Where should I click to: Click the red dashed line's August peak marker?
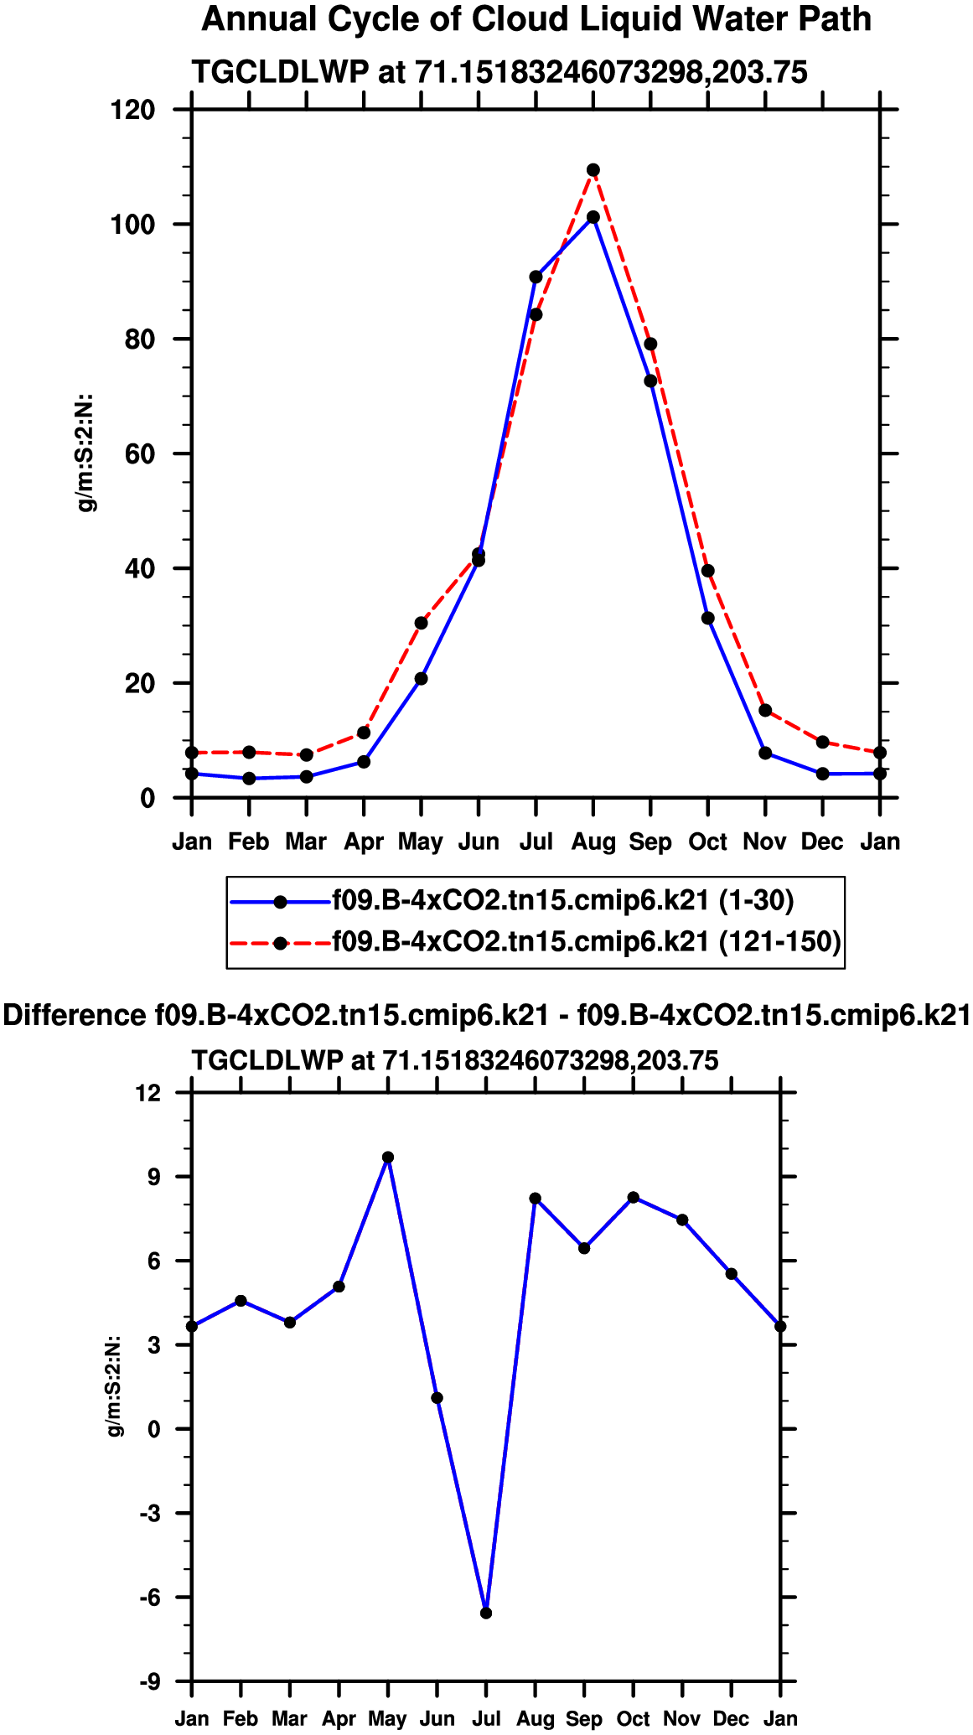point(593,170)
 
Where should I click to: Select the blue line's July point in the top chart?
point(536,277)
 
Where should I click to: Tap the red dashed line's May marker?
point(421,623)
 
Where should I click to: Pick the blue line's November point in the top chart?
point(765,753)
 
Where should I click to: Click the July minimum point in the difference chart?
point(486,1613)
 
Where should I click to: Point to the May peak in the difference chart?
point(388,1158)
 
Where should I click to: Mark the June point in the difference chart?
point(437,1398)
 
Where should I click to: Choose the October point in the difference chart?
point(634,1198)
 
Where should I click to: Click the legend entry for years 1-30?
point(562,900)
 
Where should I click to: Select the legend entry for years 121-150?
point(586,941)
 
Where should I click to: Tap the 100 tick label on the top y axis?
point(133,225)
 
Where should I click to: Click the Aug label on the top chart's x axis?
point(593,842)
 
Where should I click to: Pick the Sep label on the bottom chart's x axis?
point(584,1718)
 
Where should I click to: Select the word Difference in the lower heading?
point(75,1015)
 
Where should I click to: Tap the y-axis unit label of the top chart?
point(86,453)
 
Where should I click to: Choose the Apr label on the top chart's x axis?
point(364,842)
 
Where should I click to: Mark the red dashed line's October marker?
point(708,571)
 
